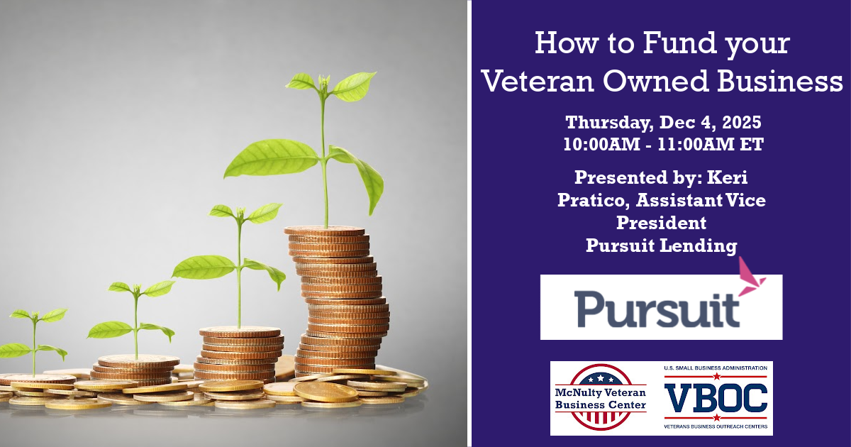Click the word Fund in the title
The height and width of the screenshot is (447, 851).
[679, 43]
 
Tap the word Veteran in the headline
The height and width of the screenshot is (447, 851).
[538, 81]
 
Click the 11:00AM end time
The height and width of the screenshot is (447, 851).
[696, 145]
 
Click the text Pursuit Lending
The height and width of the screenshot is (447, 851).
[662, 245]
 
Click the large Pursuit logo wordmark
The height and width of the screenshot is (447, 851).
[657, 309]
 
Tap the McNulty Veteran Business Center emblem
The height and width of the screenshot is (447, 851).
[600, 397]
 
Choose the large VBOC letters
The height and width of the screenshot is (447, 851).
[716, 398]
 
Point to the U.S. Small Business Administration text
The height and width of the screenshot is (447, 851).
[716, 368]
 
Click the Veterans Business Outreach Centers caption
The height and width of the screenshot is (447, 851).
[716, 426]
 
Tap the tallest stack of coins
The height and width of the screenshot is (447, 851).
[338, 300]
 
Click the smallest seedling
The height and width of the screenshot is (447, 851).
[34, 342]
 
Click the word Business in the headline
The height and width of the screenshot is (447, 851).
[780, 81]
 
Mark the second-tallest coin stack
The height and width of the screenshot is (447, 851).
[240, 354]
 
